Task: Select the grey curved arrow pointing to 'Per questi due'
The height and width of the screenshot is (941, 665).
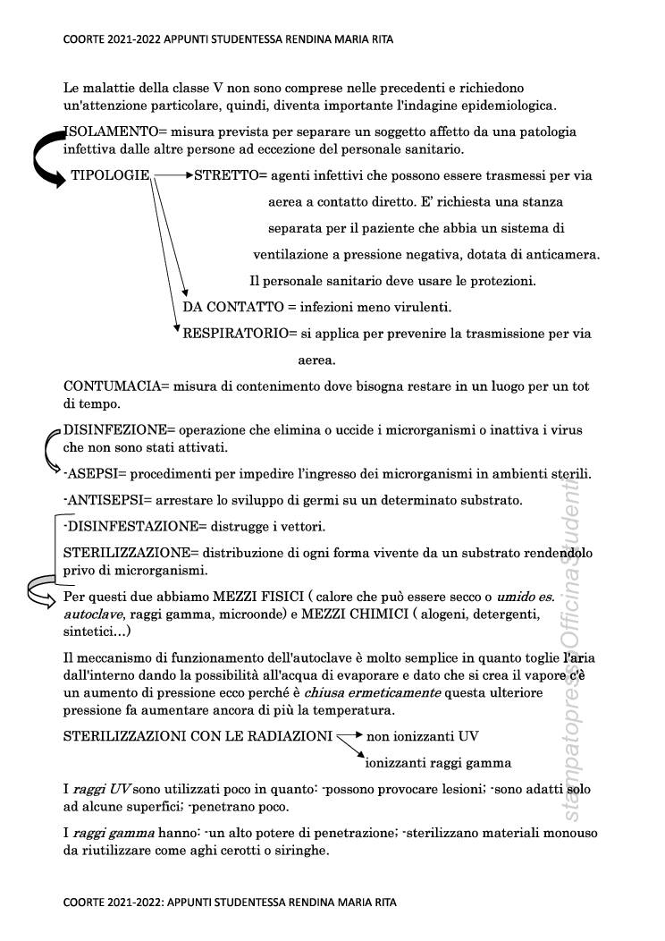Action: (43, 591)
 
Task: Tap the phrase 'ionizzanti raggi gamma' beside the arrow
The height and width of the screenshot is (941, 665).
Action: (439, 763)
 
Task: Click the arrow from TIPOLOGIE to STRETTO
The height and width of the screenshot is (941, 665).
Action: (173, 175)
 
